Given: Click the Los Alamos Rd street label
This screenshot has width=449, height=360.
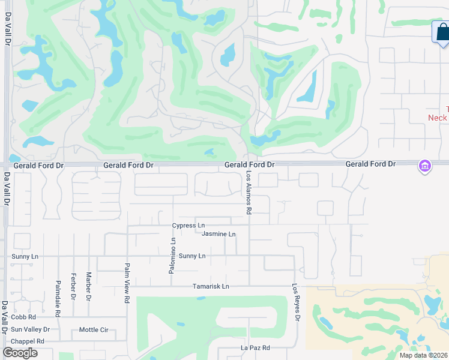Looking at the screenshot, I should point(249,192).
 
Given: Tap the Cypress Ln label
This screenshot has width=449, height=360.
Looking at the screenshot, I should point(188,226).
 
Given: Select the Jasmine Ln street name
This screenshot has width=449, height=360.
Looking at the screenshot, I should point(218,234).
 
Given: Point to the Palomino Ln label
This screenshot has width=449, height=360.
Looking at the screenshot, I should point(172,256).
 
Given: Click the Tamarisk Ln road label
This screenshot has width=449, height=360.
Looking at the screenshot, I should point(211,287).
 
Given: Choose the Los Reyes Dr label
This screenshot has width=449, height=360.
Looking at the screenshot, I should point(295,302).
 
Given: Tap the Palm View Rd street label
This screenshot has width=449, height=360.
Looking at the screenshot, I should point(127,283).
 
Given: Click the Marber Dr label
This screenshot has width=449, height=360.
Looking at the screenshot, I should point(88,286).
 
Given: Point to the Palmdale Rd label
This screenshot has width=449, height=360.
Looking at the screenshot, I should point(58,291).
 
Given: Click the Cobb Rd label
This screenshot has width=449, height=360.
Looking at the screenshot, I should point(23,317).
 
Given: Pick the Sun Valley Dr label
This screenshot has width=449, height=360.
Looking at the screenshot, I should point(30,329).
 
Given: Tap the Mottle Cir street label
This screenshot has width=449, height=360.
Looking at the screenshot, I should point(94,330).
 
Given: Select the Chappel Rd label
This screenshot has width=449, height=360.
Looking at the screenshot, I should point(28,341).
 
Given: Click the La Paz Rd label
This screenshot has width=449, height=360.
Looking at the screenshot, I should point(255,348).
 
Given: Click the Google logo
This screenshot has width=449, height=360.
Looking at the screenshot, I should point(20,353).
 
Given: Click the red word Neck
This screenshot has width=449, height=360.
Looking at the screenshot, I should point(437,118).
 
